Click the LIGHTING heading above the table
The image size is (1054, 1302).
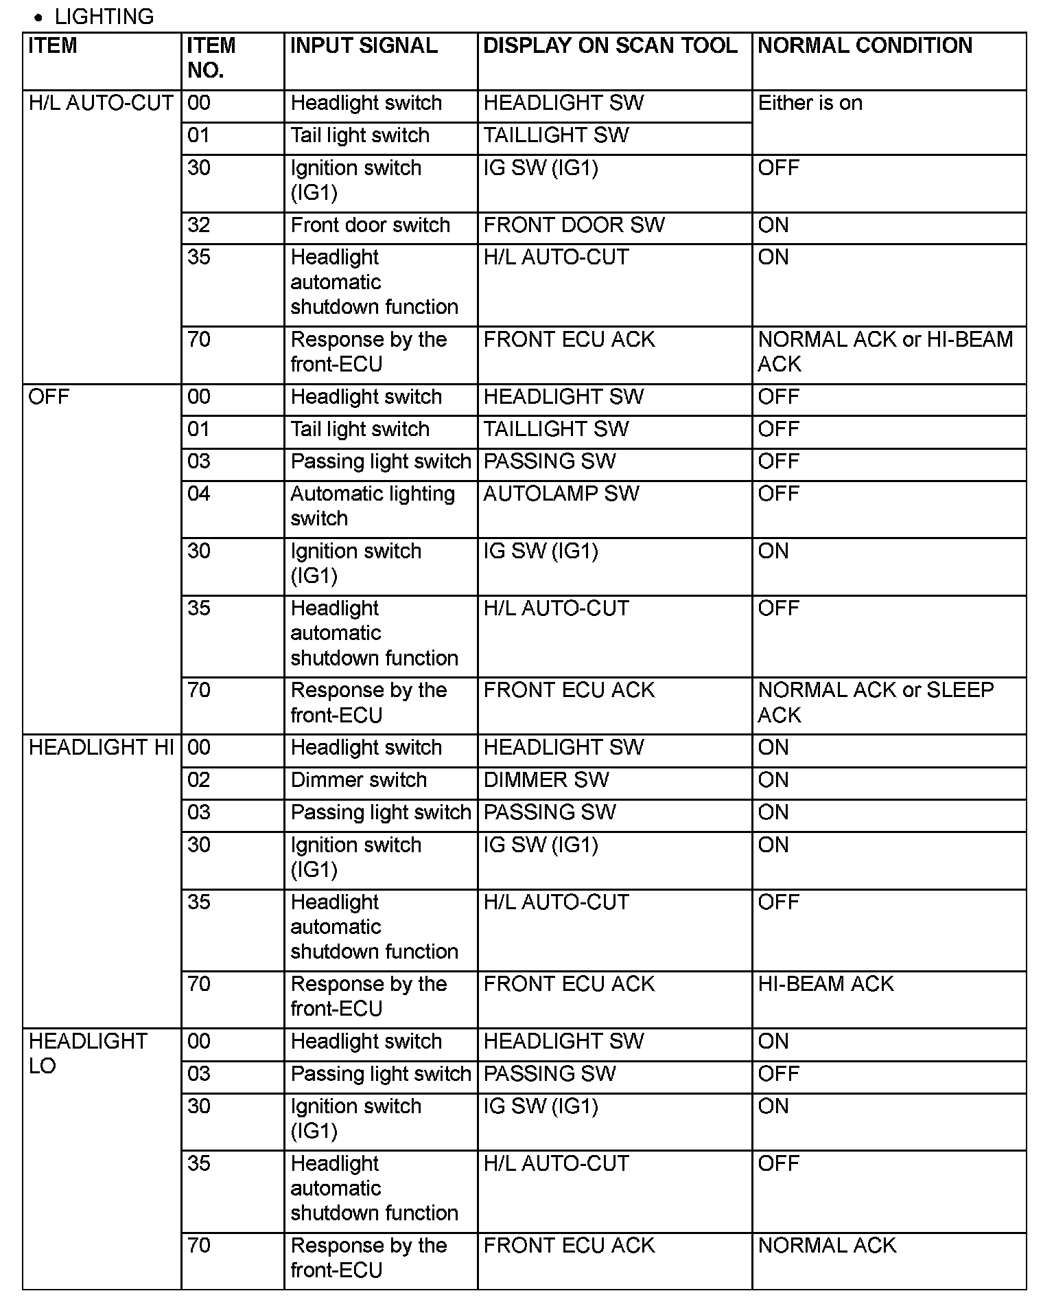(104, 16)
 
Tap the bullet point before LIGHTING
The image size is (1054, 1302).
(38, 18)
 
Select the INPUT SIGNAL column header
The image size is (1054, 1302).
(364, 46)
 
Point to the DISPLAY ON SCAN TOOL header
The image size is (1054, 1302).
(610, 46)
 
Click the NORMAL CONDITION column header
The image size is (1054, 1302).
(865, 46)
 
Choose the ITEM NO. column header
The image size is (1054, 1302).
(211, 58)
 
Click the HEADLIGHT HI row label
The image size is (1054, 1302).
(101, 747)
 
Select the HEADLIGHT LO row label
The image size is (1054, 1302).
(88, 1053)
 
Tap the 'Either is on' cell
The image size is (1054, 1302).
(810, 103)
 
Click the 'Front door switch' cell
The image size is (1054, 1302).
(370, 225)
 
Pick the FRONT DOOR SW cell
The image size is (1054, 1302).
(574, 225)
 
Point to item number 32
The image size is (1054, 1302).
(199, 225)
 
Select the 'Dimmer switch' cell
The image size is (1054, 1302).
(358, 780)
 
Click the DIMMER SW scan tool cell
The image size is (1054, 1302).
(546, 780)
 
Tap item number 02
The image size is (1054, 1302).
(199, 780)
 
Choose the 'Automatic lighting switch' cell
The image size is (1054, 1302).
(372, 506)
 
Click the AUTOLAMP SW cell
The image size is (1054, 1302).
(561, 494)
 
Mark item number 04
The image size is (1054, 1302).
(199, 494)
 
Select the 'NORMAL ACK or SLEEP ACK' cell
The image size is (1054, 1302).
(876, 703)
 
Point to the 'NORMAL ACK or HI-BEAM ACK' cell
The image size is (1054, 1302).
(885, 352)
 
